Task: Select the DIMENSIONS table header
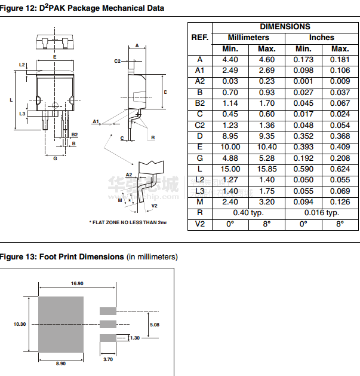285,27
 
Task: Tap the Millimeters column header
248,38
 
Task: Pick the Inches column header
321,38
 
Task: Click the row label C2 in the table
199,125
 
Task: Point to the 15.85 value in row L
266,169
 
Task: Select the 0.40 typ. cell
248,213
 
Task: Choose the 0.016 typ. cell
321,213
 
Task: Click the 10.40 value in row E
266,147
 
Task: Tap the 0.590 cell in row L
303,169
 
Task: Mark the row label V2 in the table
199,224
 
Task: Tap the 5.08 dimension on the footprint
154,325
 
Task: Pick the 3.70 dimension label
108,359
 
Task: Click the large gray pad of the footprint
60,324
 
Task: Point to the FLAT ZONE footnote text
127,222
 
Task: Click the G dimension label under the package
55,158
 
